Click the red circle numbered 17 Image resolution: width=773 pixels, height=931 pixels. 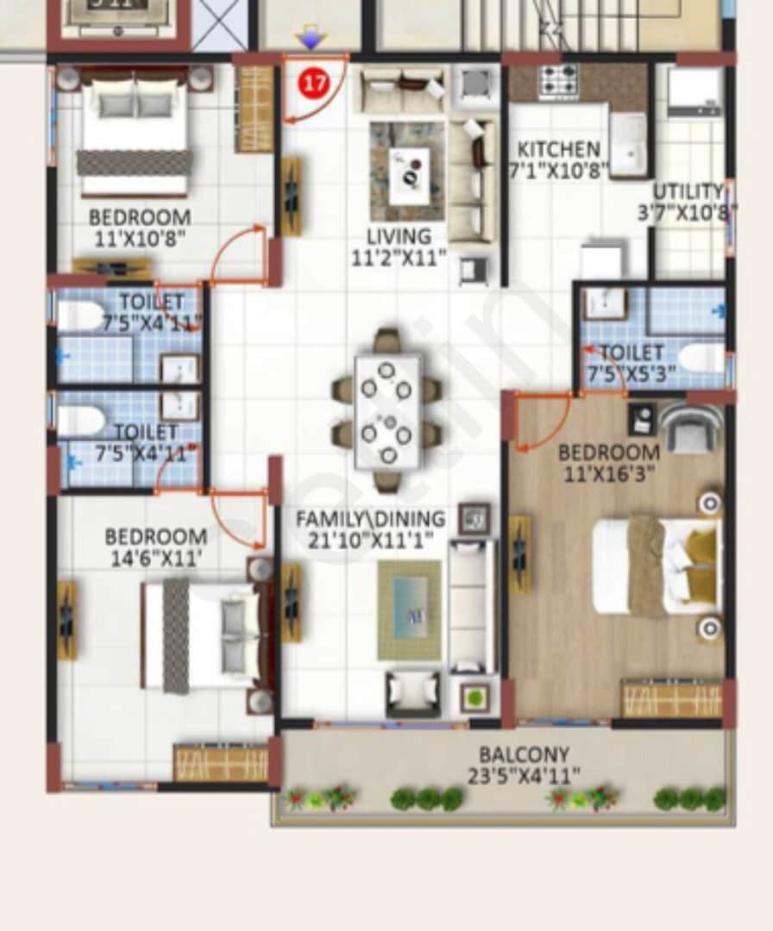coord(315,84)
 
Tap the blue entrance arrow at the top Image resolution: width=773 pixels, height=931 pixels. coord(310,39)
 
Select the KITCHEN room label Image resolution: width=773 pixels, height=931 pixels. coord(558,148)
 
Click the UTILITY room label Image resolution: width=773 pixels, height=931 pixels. coord(688,191)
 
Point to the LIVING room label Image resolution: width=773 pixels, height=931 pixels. coord(399,235)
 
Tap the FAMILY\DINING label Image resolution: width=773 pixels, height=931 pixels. coord(370,519)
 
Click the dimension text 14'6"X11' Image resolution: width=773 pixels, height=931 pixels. coord(155,558)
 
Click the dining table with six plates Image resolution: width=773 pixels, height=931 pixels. coord(387,411)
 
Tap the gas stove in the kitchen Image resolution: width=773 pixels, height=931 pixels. coord(559,82)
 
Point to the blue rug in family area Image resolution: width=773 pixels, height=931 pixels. coord(410,607)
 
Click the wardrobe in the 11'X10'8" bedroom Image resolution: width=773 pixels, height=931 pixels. coord(255,109)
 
